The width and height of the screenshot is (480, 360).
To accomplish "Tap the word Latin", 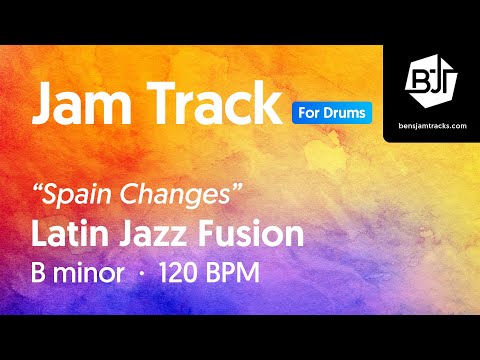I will [68, 235].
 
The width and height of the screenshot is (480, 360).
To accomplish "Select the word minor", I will [93, 273].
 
